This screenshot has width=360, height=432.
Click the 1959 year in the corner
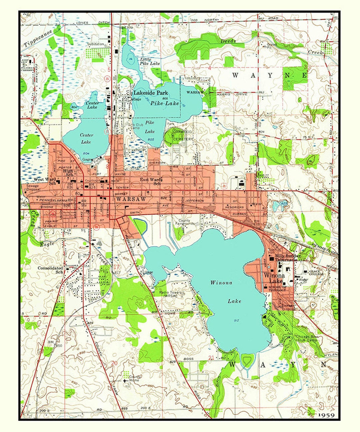pos(326,415)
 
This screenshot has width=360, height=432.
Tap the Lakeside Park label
pos(151,93)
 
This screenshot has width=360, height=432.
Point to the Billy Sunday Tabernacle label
pos(286,258)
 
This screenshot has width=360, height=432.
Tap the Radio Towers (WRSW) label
pos(170,294)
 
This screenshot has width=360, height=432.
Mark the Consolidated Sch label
pos(50,270)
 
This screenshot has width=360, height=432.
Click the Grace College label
pos(316,273)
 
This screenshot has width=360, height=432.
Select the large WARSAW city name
pos(131,199)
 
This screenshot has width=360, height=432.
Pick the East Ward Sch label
pos(150,181)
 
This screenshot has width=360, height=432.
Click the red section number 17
pos(116,267)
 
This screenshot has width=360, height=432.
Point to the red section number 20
pos(114,363)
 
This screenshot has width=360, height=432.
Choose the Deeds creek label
pos(228,41)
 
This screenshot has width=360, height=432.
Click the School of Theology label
pos(277,288)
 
